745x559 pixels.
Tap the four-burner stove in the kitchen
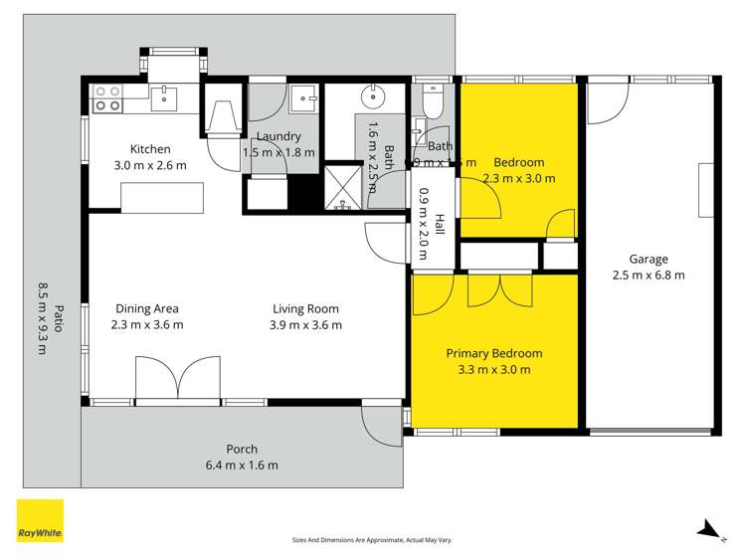click(106, 97)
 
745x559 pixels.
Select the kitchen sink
click(164, 97)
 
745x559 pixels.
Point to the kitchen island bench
click(161, 197)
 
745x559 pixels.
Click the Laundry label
click(279, 137)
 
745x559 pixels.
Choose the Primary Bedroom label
click(493, 353)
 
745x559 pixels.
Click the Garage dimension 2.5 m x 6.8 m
click(648, 276)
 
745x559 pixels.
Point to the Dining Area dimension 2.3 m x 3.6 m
click(146, 324)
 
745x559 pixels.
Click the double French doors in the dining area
click(177, 380)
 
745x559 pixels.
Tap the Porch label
click(242, 449)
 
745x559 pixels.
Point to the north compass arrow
click(707, 529)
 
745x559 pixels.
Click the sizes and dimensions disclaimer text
click(371, 540)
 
